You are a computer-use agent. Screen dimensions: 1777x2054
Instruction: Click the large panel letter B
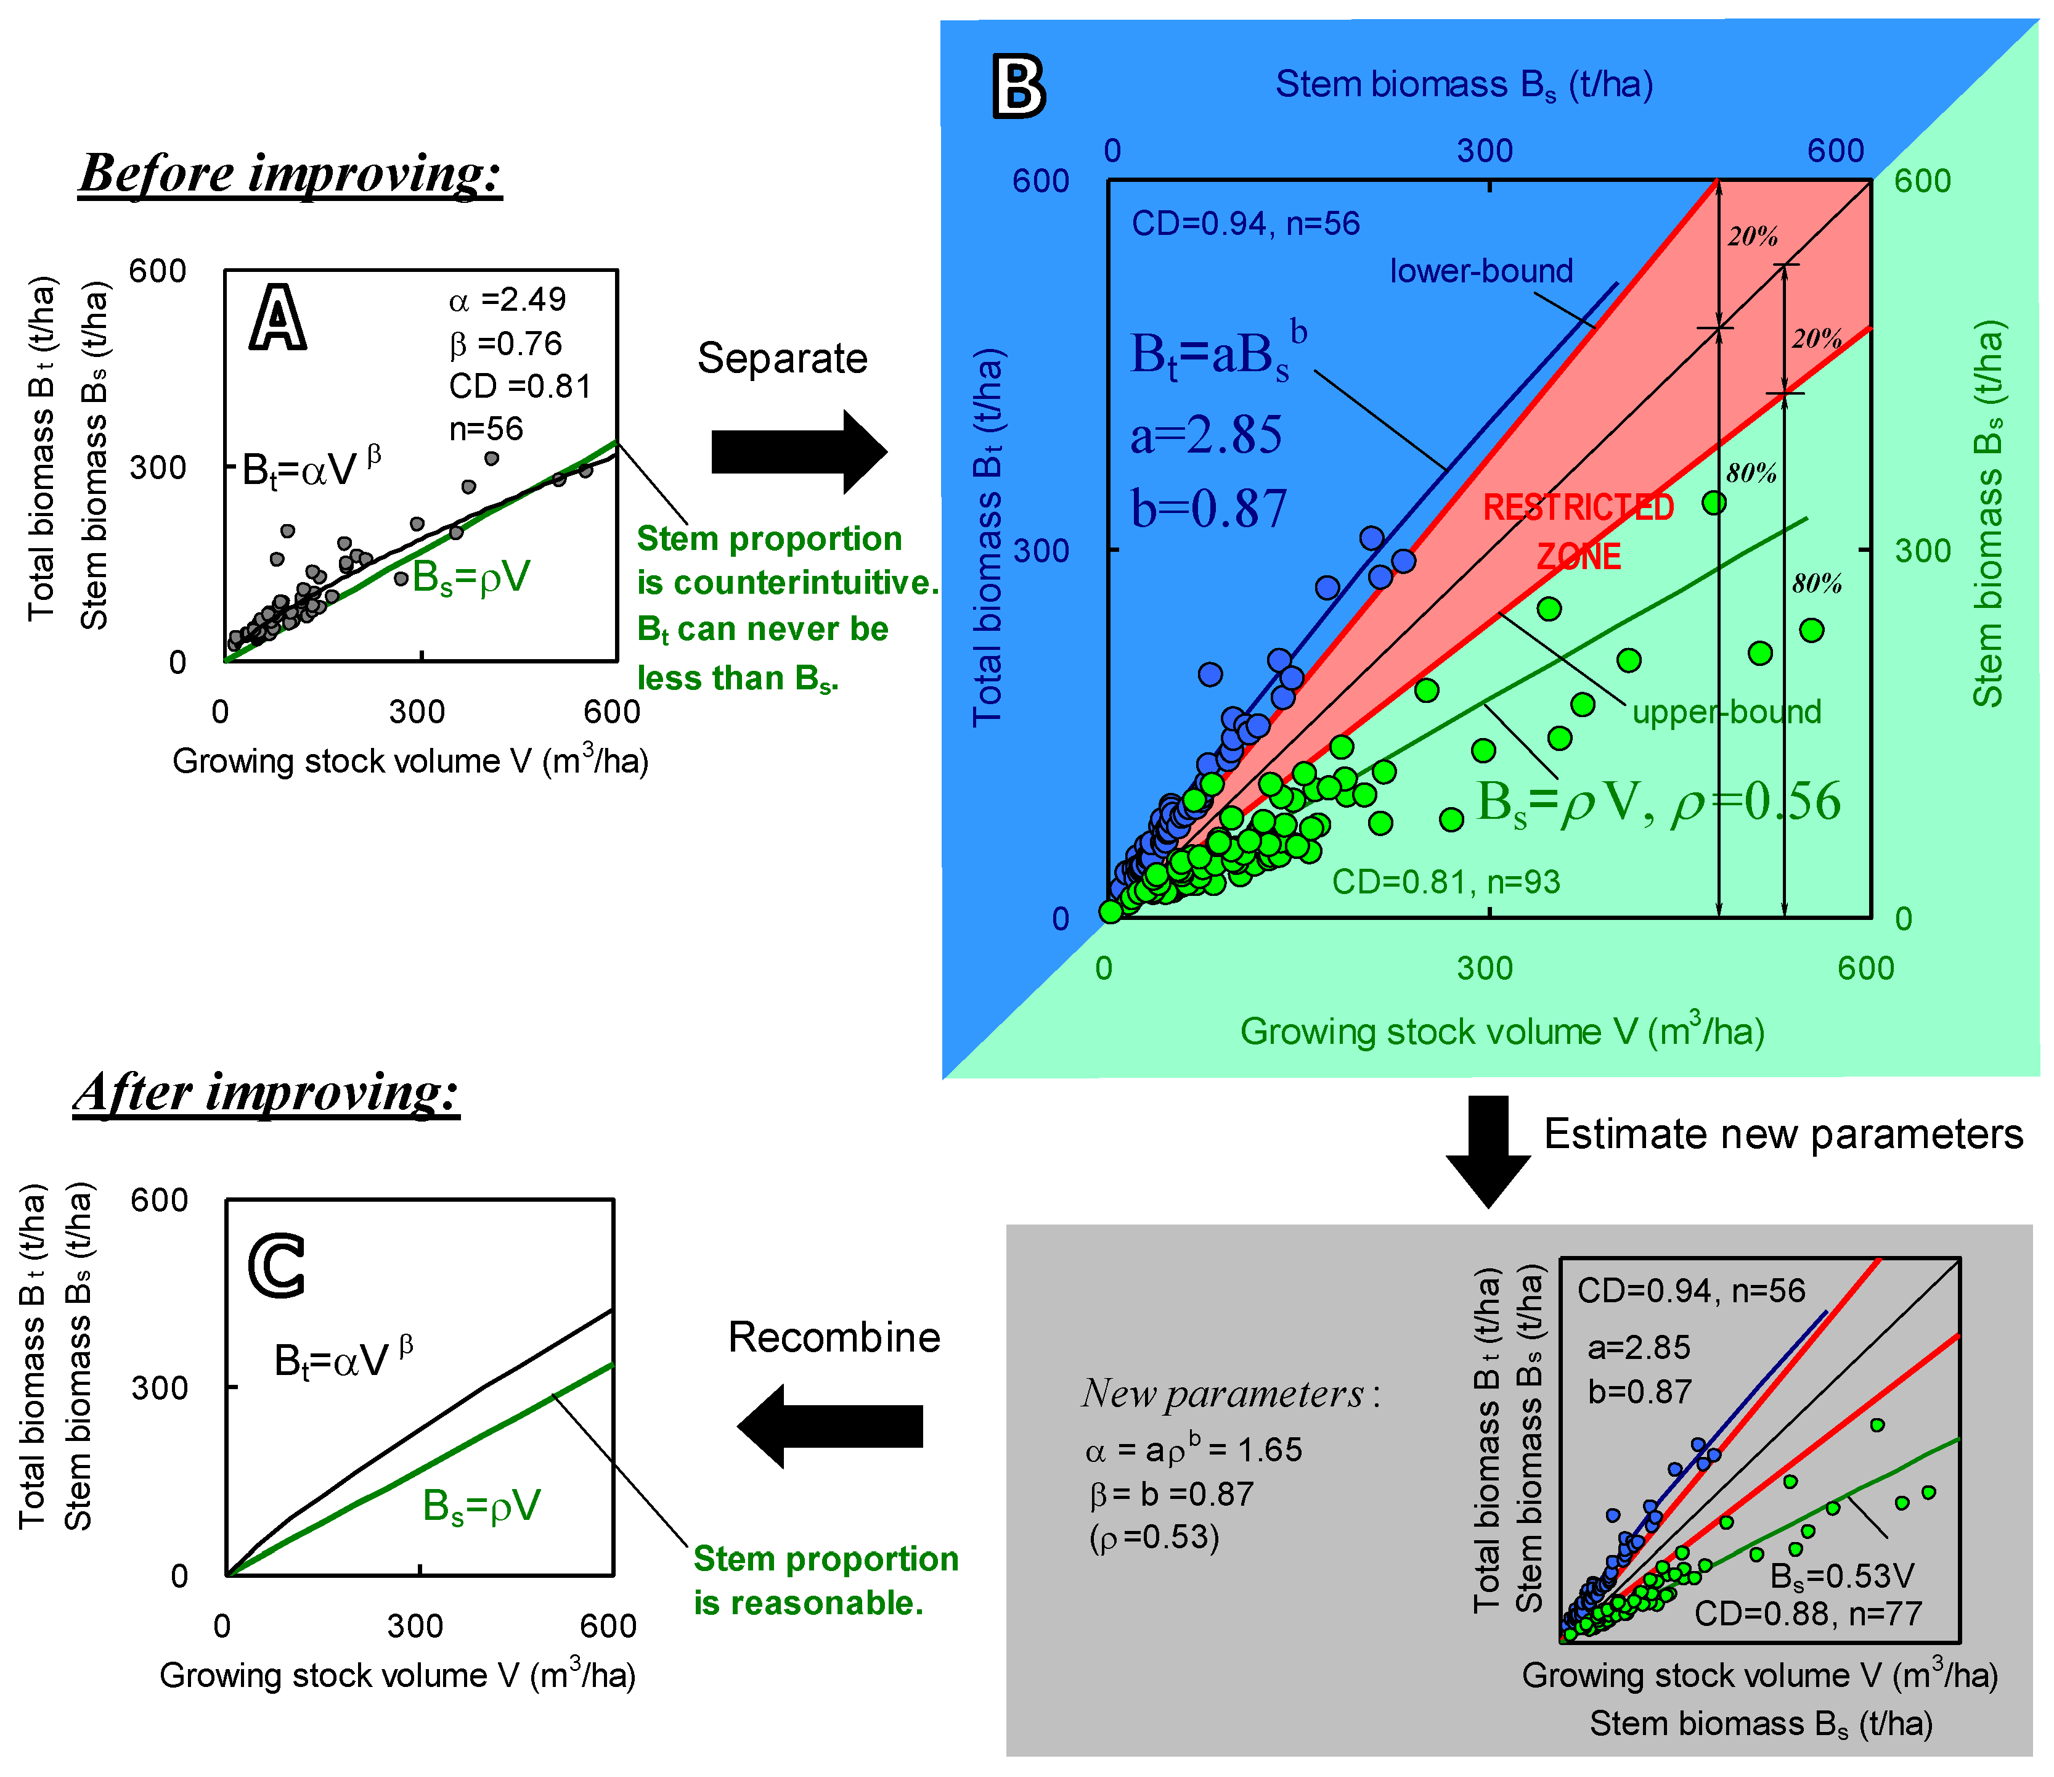(1018, 88)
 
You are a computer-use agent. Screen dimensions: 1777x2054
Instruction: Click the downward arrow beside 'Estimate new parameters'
(1488, 1151)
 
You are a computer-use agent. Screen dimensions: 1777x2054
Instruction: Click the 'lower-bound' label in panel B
(1481, 271)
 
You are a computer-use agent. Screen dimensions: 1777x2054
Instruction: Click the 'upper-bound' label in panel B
(1727, 712)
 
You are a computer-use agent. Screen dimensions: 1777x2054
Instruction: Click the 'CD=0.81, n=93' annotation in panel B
(1445, 882)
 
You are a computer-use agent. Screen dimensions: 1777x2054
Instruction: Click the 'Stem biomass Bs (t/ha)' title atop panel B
(1464, 85)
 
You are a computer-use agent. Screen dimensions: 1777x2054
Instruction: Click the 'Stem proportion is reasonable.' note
(825, 1581)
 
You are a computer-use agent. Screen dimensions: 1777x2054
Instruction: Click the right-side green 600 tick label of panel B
(1922, 181)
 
